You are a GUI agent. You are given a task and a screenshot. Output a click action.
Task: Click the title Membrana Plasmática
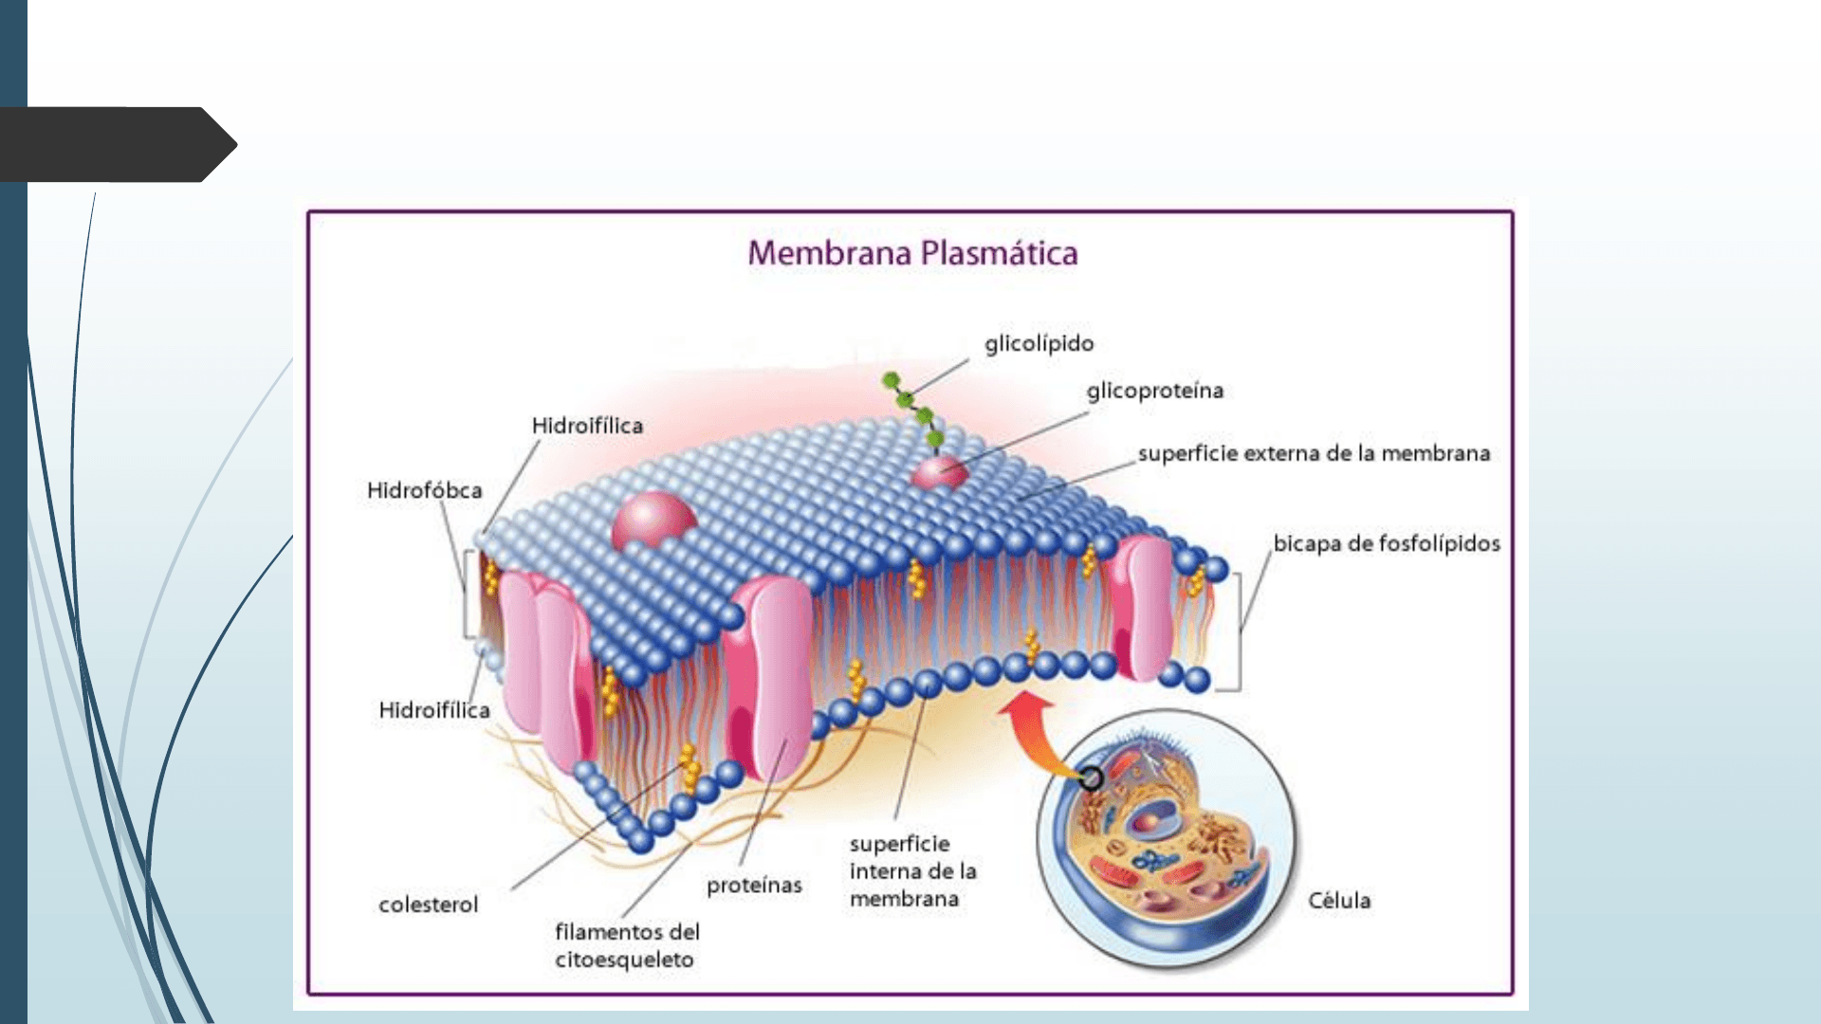pos(912,253)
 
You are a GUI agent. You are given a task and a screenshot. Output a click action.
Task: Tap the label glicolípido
pos(1039,343)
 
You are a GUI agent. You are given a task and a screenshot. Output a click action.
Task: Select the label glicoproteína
pos(1154,391)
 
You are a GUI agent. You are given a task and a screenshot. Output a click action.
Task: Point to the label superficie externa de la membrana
pos(1314,453)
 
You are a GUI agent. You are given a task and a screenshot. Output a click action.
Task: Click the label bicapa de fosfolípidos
pos(1386,543)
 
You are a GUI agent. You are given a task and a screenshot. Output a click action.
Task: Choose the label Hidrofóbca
pos(424,490)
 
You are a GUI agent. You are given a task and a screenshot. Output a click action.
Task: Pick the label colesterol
pos(428,905)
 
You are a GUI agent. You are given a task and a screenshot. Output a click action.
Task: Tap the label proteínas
pos(754,885)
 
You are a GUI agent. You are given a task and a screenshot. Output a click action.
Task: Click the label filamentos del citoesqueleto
pos(626,945)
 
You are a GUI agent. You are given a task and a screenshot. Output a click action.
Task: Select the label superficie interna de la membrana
pos(911,870)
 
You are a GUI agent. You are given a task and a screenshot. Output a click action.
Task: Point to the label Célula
pos(1338,900)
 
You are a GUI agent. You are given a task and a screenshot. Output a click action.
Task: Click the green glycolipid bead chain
pos(912,408)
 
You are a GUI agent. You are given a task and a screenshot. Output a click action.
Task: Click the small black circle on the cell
pos(1091,778)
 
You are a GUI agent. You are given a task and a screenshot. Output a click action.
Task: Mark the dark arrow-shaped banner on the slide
pos(114,144)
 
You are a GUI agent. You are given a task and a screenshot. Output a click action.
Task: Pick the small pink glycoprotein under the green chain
pos(938,471)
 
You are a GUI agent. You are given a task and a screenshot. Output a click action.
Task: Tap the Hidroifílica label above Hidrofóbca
pos(587,426)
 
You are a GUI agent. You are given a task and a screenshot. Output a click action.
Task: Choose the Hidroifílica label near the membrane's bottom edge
pos(433,710)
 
